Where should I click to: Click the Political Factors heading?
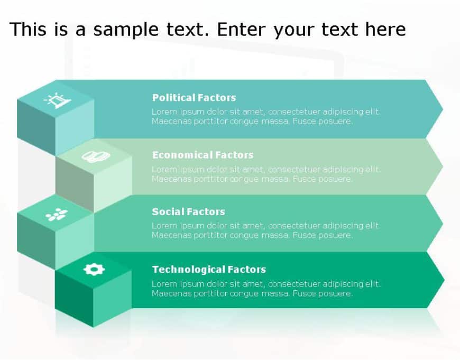coord(194,98)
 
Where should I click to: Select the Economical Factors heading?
coord(203,155)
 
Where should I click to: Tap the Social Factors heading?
coord(188,212)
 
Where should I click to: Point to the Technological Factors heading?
coord(209,270)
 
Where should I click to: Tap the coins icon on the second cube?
coord(95,156)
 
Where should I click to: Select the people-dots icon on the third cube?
coord(56,214)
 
